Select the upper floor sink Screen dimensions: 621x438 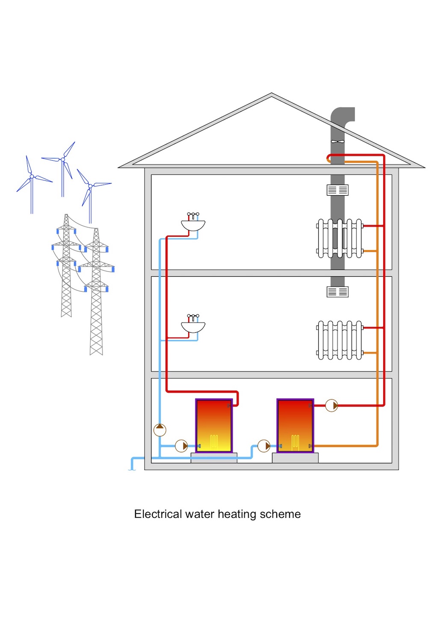(x=193, y=224)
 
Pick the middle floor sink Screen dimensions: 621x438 (x=193, y=327)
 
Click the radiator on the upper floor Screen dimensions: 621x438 (x=340, y=239)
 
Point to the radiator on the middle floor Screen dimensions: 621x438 (x=340, y=340)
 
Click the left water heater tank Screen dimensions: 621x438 (x=214, y=426)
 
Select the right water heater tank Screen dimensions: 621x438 (x=295, y=426)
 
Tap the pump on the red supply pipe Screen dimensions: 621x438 (x=331, y=405)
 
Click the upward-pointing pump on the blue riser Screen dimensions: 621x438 (x=160, y=430)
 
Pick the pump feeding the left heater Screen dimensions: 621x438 (x=181, y=446)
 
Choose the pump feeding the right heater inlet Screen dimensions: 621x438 (x=264, y=446)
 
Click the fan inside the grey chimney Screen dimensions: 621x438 (x=337, y=141)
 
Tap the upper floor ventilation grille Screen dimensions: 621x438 (x=337, y=190)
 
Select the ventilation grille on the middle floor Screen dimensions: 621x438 (x=337, y=292)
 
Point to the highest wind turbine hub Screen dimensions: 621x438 (x=63, y=159)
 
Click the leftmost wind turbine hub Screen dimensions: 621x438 (x=32, y=176)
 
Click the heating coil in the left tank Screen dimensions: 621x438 (x=214, y=442)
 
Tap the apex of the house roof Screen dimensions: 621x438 (x=271, y=94)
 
